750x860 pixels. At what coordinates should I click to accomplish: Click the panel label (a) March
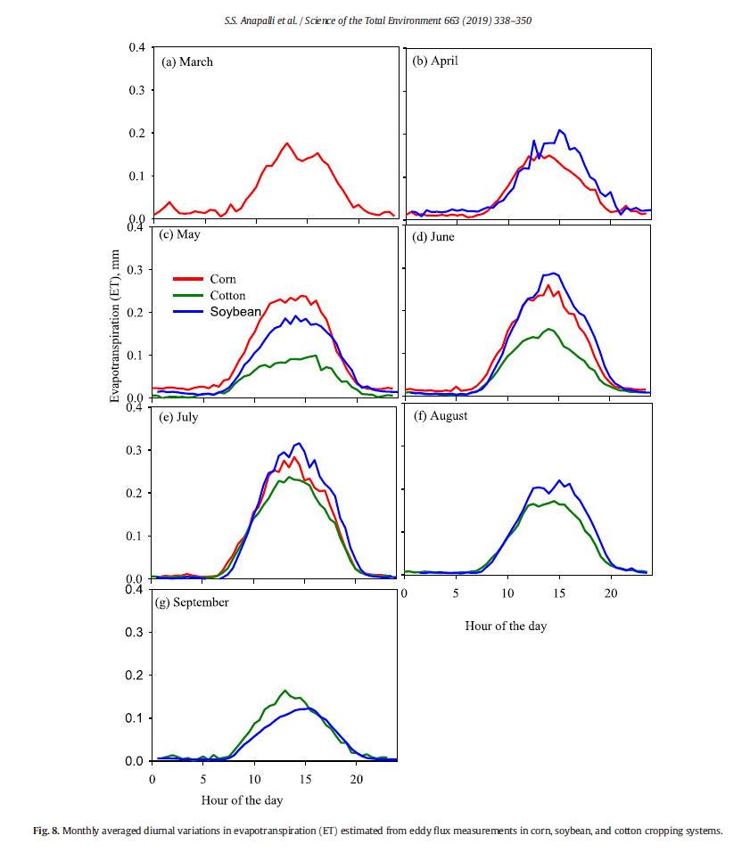[186, 62]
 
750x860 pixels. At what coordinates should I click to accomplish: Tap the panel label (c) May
[181, 235]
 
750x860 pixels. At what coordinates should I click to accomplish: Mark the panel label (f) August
[442, 415]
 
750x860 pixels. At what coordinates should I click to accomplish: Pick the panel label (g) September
[193, 602]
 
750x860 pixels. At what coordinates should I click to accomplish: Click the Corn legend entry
[224, 279]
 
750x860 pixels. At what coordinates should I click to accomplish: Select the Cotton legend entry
[229, 295]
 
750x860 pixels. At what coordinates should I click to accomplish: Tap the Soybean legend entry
[235, 311]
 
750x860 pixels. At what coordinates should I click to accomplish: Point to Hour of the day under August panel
[506, 626]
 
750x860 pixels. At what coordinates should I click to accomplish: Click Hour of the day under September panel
[242, 800]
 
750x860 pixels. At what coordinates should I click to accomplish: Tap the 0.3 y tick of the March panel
[137, 90]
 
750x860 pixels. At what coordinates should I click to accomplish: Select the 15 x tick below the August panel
[559, 594]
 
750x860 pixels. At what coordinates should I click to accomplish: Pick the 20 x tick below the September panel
[356, 778]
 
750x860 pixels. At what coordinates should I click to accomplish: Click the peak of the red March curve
[287, 143]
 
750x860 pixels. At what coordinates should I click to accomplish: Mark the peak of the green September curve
[284, 691]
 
